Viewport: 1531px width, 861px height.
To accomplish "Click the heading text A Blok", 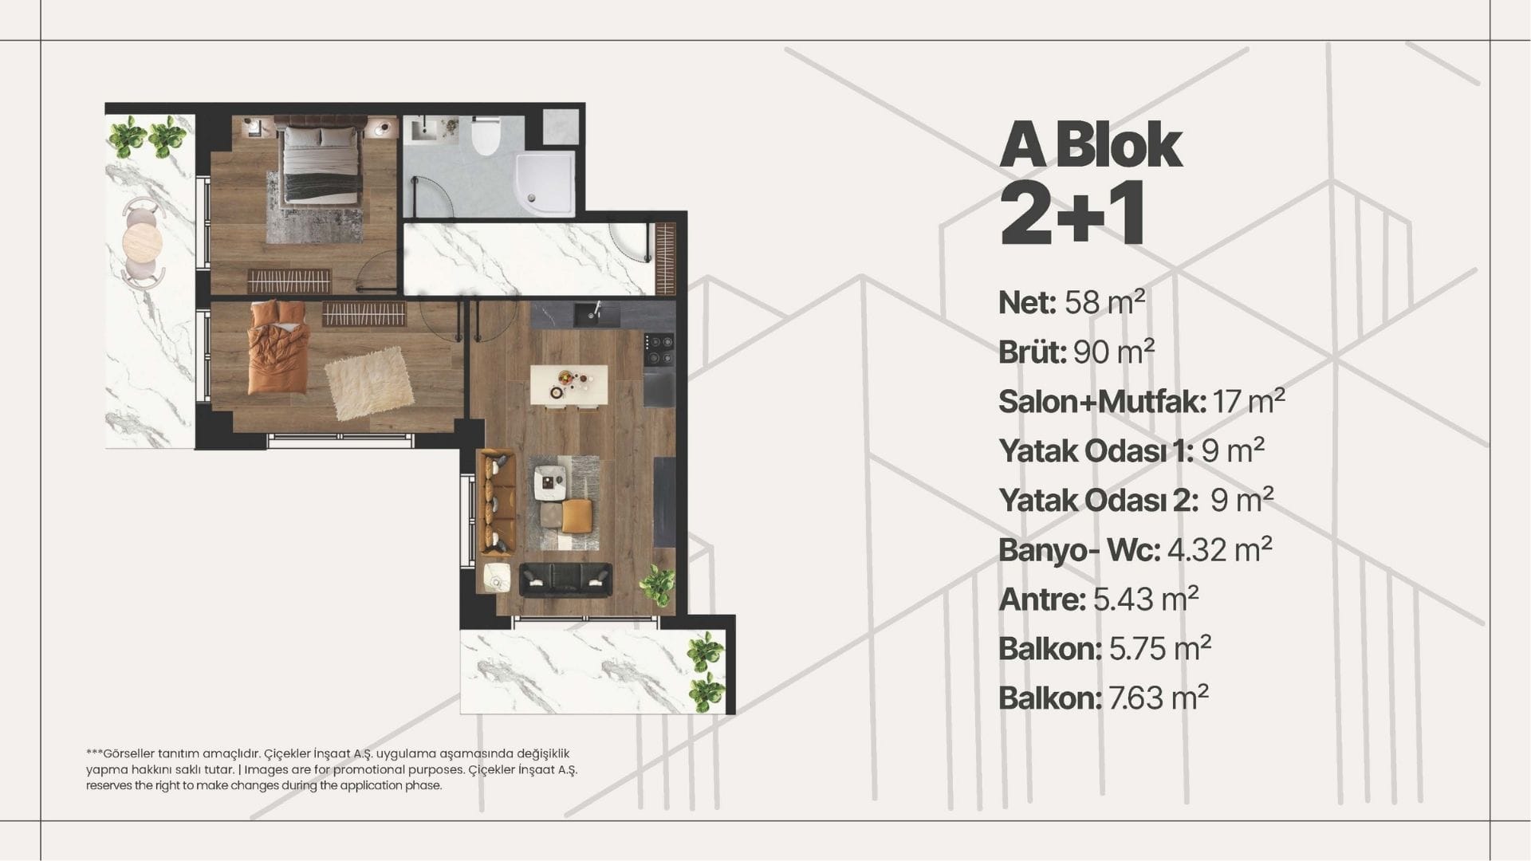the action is pyautogui.click(x=1091, y=145).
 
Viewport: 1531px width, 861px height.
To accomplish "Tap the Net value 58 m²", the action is pyautogui.click(x=1104, y=302).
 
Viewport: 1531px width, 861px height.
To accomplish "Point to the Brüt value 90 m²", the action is pyautogui.click(x=1114, y=352).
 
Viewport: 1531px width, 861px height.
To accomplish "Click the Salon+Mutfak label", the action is pyautogui.click(x=1102, y=402).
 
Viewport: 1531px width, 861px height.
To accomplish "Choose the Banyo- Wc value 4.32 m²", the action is pyautogui.click(x=1219, y=549).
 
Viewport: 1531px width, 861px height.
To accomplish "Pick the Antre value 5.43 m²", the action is pyautogui.click(x=1146, y=599).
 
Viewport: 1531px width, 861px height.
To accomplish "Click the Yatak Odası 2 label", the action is pyautogui.click(x=1099, y=501).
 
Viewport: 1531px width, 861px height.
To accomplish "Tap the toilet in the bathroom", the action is pyautogui.click(x=485, y=136).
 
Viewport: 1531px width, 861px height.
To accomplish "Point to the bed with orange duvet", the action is pyautogui.click(x=278, y=348).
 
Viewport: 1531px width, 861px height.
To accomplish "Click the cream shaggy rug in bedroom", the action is pyautogui.click(x=369, y=383).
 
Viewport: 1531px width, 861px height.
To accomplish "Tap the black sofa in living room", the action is pyautogui.click(x=566, y=580).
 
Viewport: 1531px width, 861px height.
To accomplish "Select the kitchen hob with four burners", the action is pyautogui.click(x=659, y=348).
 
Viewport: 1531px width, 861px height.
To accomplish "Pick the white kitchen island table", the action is pyautogui.click(x=569, y=385).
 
